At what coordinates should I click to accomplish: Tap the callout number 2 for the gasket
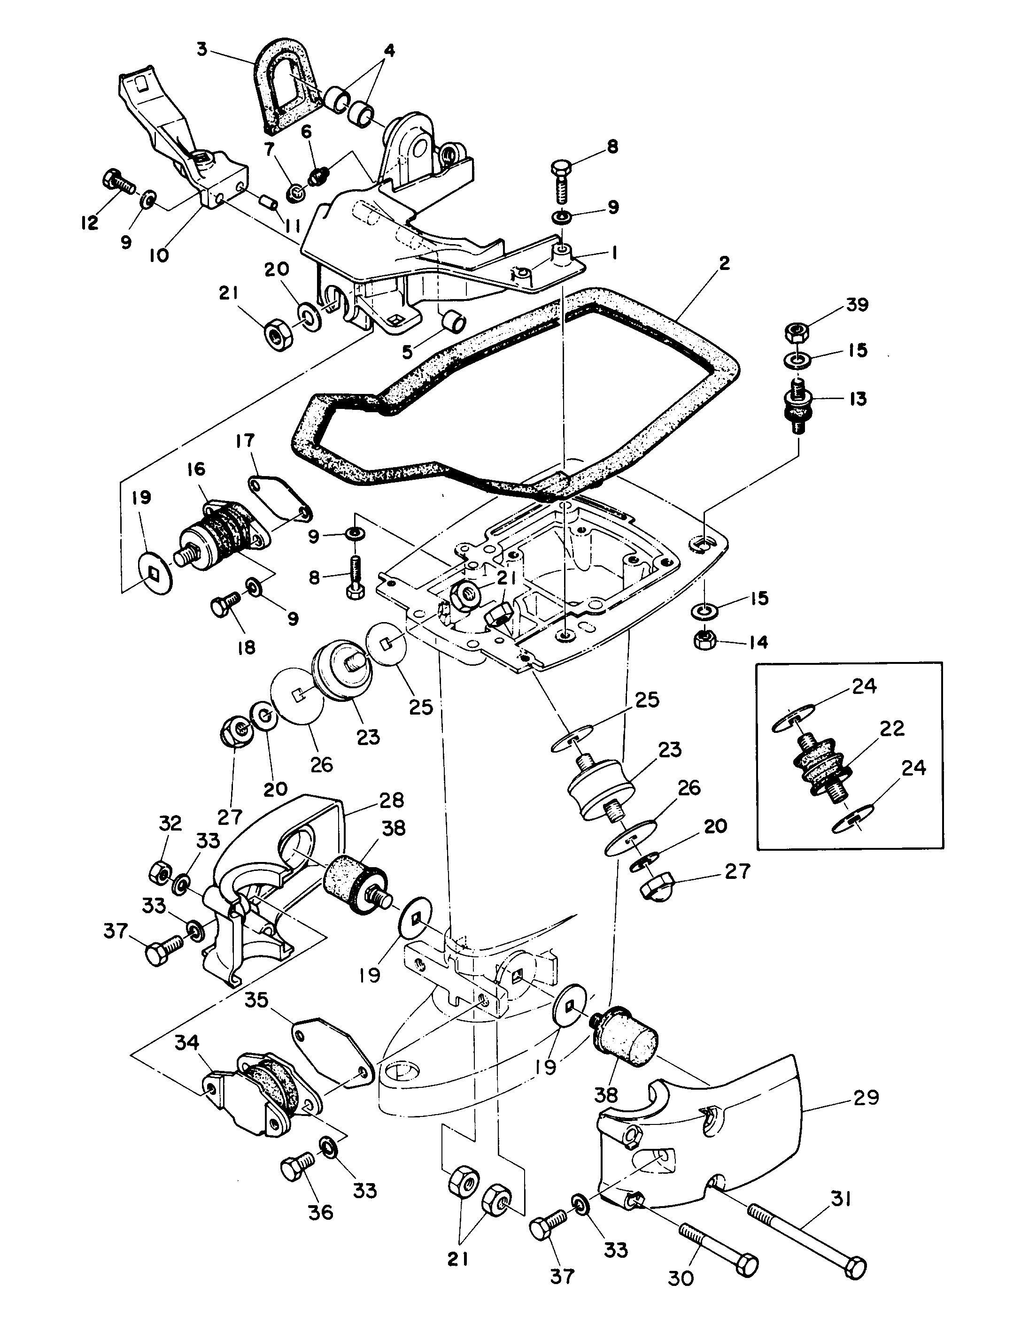click(725, 264)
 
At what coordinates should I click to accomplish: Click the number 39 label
click(856, 304)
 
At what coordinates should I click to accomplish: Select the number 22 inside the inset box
click(892, 729)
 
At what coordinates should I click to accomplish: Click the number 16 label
click(196, 469)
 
